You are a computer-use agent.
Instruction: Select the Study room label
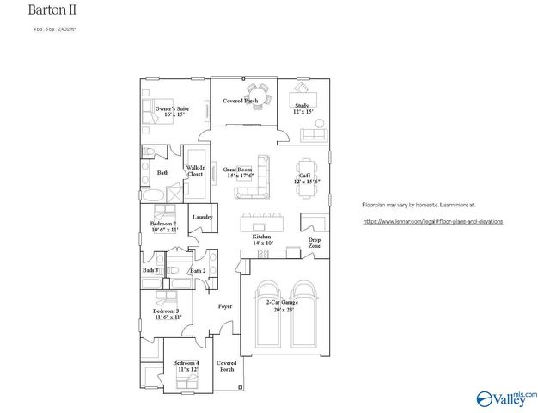click(302, 108)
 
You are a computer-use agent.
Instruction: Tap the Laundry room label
click(202, 217)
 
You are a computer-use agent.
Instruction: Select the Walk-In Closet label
click(194, 170)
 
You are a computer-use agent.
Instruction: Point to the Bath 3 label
click(150, 271)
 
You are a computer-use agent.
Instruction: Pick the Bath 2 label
click(198, 271)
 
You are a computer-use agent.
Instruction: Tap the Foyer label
click(225, 306)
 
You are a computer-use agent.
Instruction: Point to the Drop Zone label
click(315, 243)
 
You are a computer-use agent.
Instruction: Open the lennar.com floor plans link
click(432, 221)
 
